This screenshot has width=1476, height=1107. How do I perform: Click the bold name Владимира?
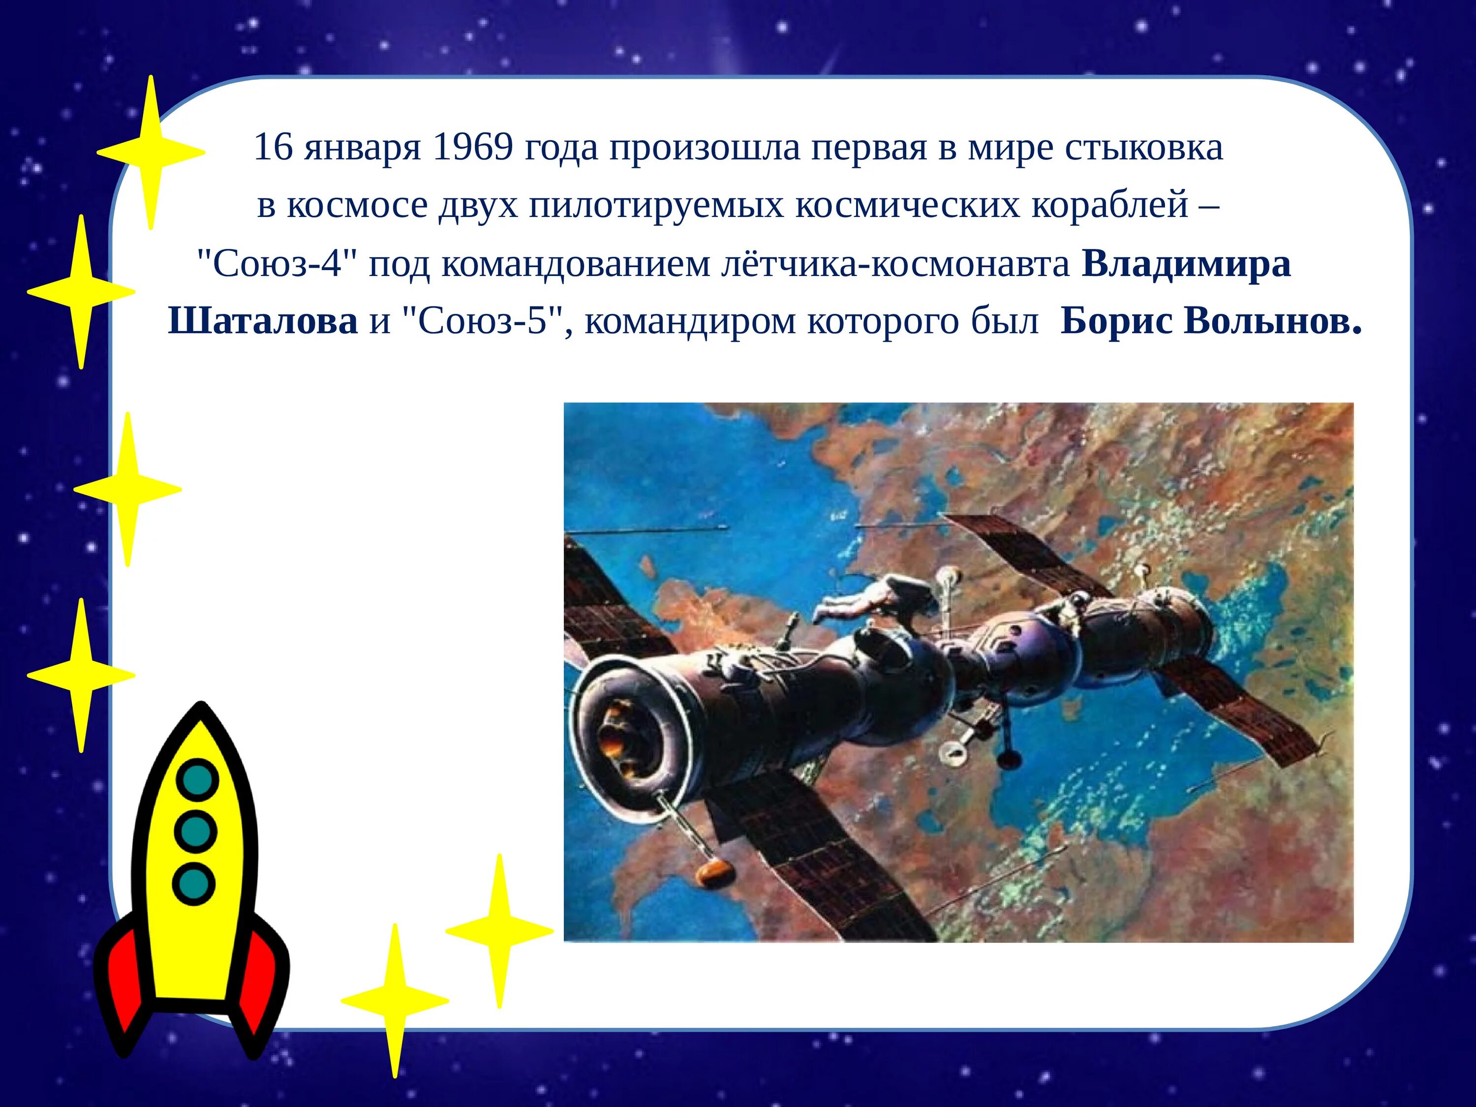(x=1186, y=264)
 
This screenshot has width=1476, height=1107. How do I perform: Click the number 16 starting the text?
(x=273, y=148)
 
